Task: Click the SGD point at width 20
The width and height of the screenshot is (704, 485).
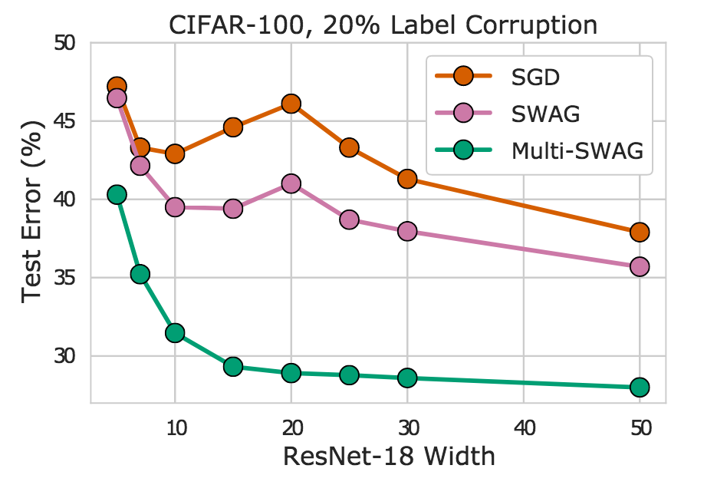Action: [x=291, y=104]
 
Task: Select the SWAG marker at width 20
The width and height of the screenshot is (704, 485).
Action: [x=291, y=183]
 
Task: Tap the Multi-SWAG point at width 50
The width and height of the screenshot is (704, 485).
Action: [x=640, y=387]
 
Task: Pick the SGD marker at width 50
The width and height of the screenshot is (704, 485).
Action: [x=640, y=233]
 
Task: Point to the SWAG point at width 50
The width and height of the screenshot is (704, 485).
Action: [x=640, y=266]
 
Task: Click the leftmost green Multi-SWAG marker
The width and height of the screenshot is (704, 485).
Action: [x=117, y=195]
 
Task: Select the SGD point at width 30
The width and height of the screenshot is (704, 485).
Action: [x=407, y=179]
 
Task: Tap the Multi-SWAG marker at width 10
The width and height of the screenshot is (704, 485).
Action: [x=175, y=332]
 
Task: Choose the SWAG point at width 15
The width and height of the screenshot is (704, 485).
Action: [x=233, y=209]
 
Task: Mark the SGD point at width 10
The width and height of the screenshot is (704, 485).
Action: [x=175, y=154]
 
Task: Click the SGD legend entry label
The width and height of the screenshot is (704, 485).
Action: [x=535, y=78]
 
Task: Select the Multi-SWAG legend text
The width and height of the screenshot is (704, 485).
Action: [x=577, y=150]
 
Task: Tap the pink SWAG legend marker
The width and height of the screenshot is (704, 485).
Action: [x=463, y=113]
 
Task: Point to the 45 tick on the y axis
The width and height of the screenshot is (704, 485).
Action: [x=64, y=121]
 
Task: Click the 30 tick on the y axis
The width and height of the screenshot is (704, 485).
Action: [x=64, y=355]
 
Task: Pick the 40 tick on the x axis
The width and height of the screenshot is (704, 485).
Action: [x=524, y=427]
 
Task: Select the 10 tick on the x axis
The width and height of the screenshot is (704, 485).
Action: [x=176, y=427]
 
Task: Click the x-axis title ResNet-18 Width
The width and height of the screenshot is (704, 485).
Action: [x=389, y=456]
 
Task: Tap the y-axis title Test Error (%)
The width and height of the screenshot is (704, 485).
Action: [x=32, y=212]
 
